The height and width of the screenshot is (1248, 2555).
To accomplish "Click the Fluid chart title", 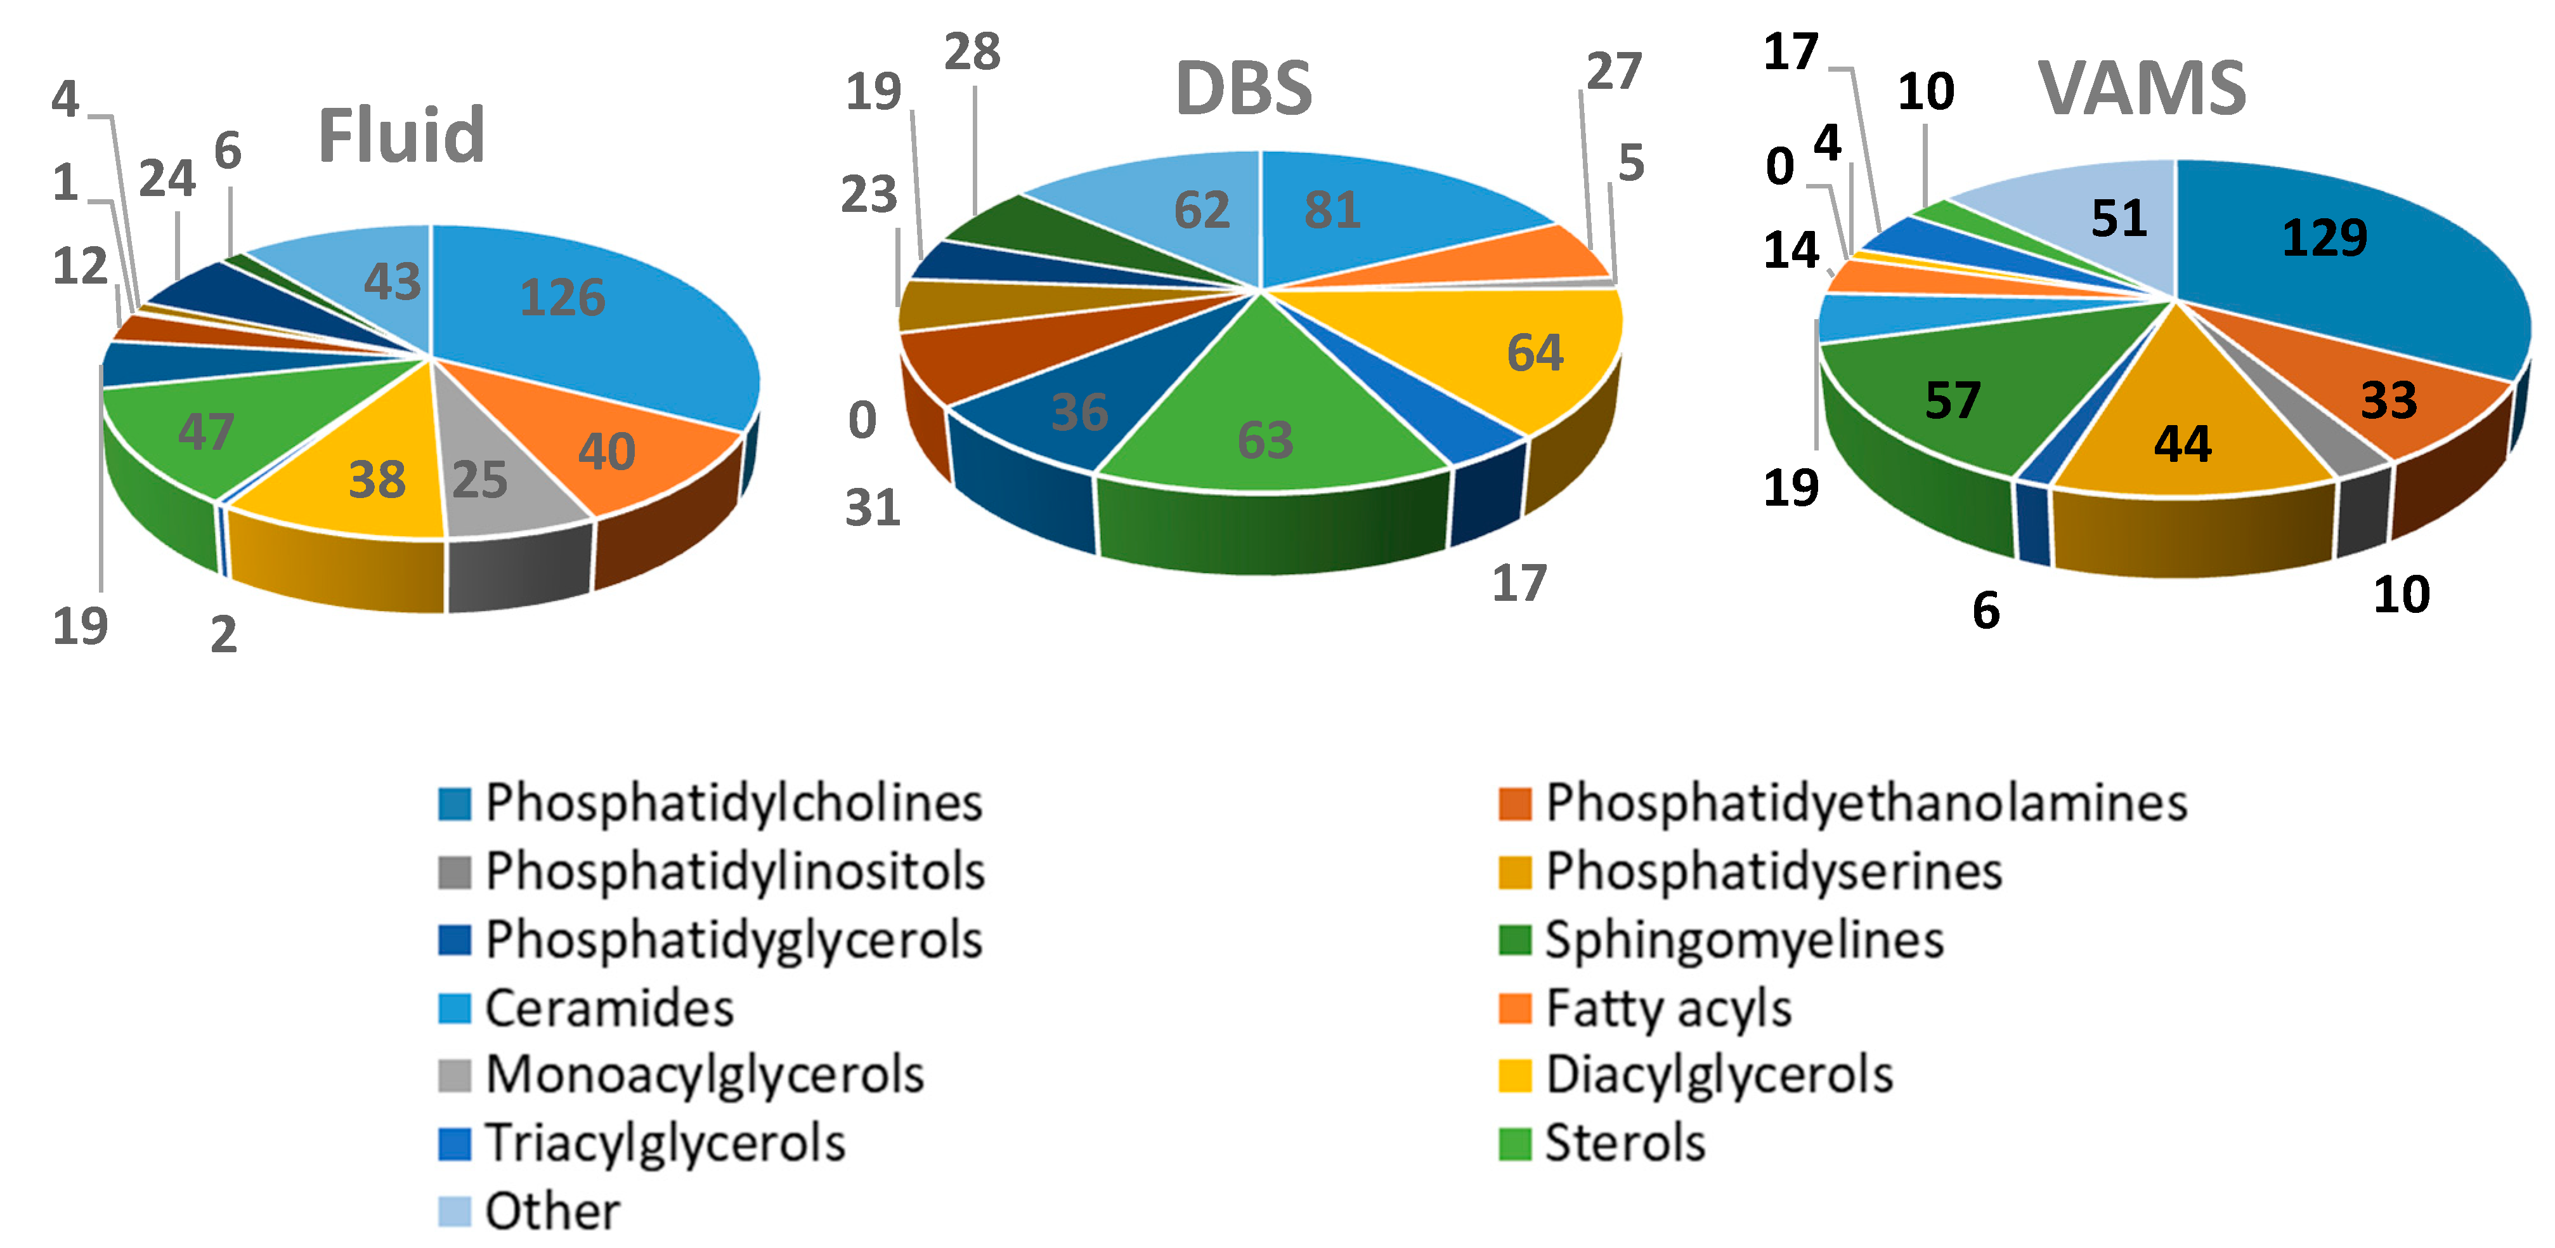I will [401, 136].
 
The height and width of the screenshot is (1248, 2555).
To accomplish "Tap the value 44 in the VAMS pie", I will [2182, 444].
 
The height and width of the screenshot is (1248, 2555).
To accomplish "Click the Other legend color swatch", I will [454, 1211].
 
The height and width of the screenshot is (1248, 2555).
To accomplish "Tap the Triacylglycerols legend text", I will [665, 1143].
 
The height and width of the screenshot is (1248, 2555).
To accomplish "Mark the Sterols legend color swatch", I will [1514, 1143].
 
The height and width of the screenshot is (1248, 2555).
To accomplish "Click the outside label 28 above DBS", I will [972, 53].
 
